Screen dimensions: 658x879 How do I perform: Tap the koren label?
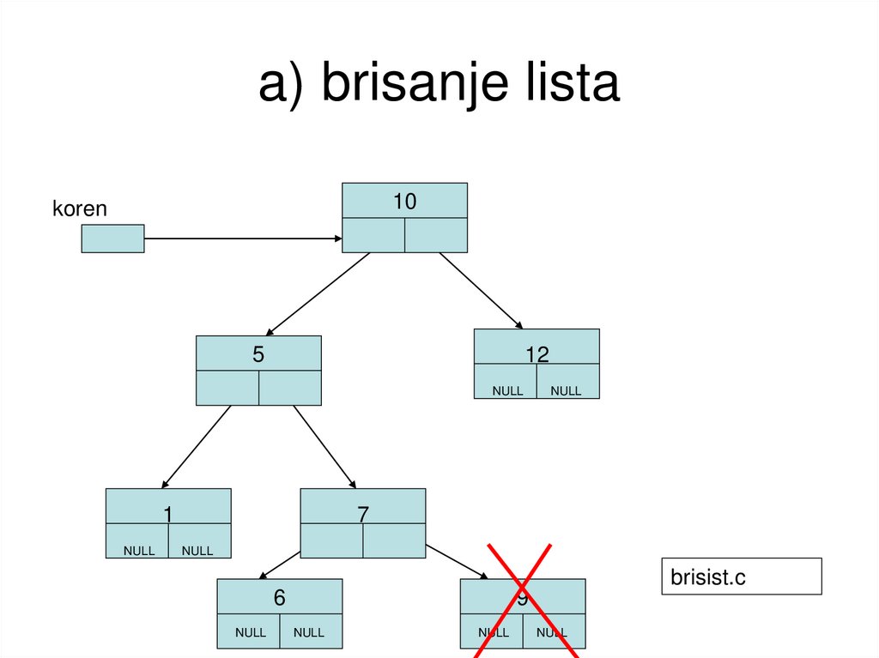click(x=79, y=208)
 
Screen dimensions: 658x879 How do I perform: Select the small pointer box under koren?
click(x=112, y=238)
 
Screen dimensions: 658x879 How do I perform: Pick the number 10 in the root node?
click(x=404, y=202)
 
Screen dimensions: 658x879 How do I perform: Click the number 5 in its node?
click(x=258, y=354)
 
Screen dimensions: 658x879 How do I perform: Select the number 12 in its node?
click(x=536, y=354)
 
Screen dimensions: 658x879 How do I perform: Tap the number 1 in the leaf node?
click(x=168, y=514)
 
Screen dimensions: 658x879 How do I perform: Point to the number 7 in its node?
click(x=362, y=514)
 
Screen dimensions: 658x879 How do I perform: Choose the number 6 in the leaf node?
click(x=279, y=598)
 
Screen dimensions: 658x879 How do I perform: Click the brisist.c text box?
click(x=741, y=577)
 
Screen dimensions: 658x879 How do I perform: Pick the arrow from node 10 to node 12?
click(x=481, y=290)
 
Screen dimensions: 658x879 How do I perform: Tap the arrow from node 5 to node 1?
click(x=197, y=446)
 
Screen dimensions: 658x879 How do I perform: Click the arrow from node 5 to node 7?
click(x=324, y=446)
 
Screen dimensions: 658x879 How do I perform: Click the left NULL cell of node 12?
click(x=506, y=390)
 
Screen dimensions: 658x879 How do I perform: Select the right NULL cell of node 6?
click(x=309, y=632)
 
